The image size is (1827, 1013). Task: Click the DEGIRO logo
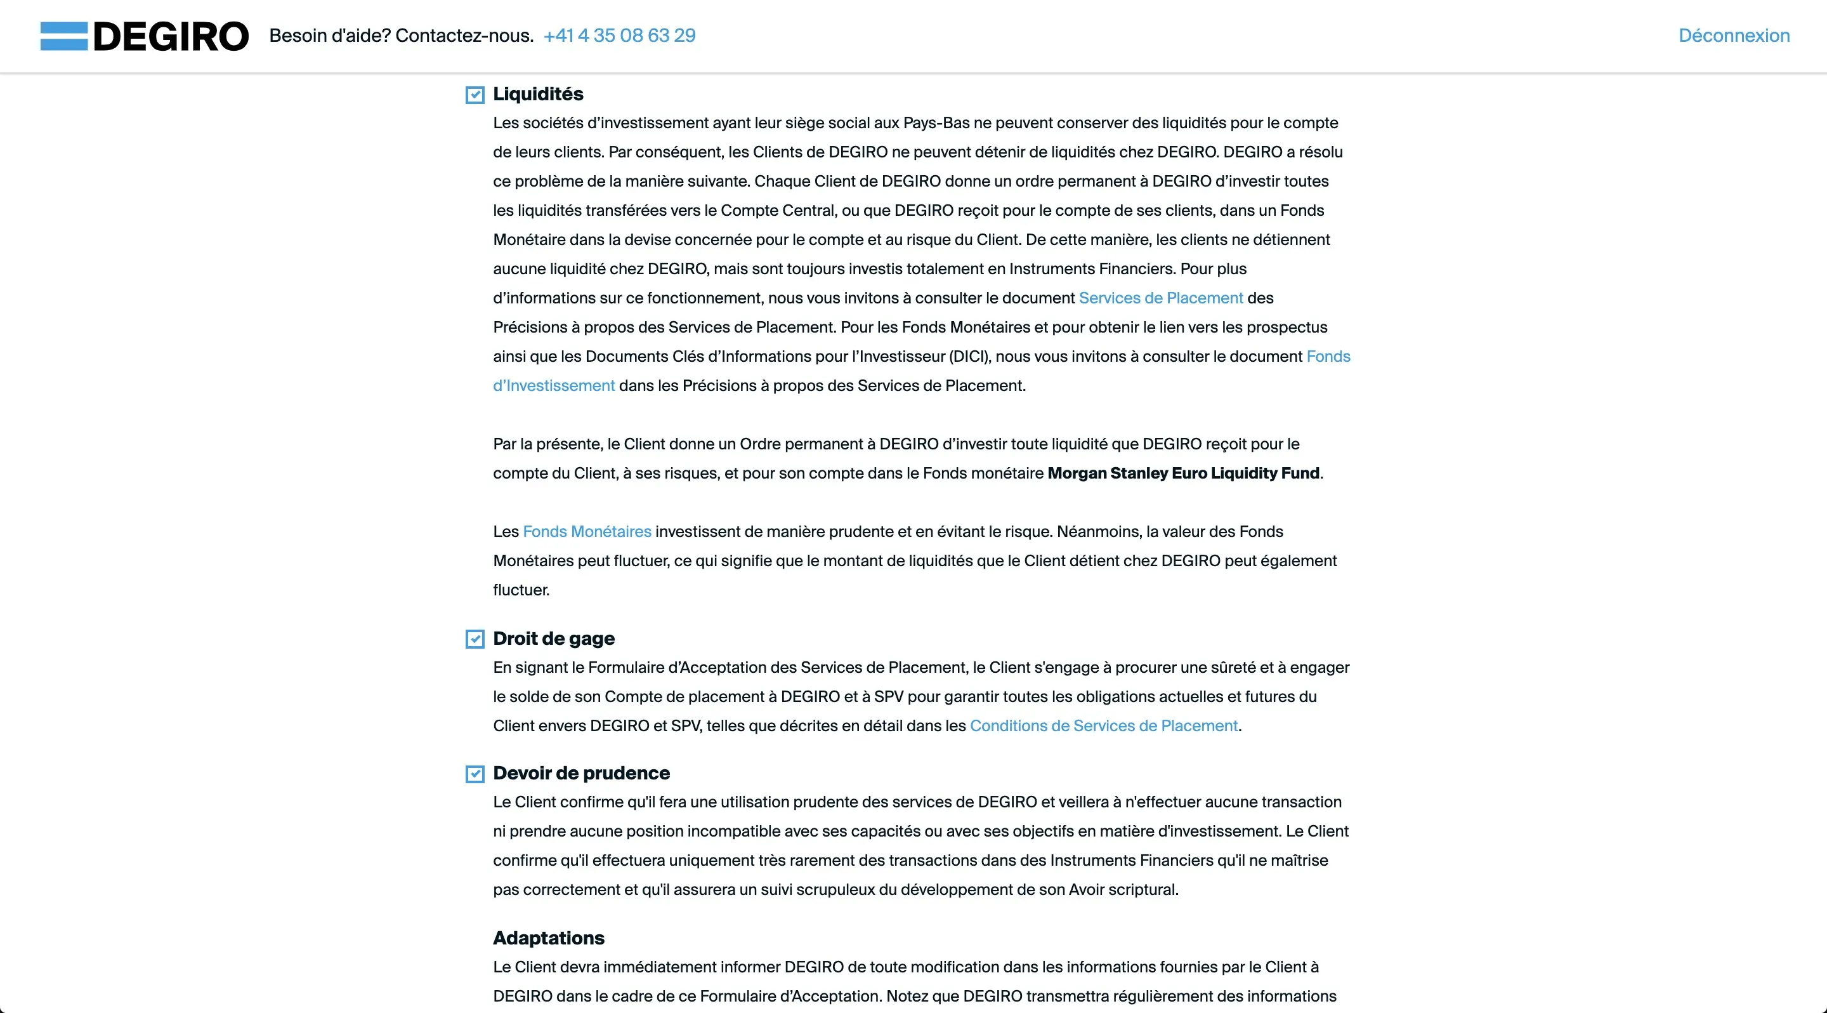[x=144, y=36]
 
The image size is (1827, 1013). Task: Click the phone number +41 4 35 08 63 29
[x=619, y=36]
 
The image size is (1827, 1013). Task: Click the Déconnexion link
[x=1733, y=36]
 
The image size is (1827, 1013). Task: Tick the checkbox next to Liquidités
[x=475, y=95]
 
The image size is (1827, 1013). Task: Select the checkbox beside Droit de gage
[x=475, y=639]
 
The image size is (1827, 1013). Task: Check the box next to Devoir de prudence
[x=475, y=774]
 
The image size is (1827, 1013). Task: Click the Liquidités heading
[x=537, y=94]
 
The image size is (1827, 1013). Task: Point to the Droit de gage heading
[x=553, y=639]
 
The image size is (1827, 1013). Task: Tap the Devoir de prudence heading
[x=581, y=773]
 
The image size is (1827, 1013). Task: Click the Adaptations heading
[x=548, y=938]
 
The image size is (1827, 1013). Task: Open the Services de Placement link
[x=1160, y=298]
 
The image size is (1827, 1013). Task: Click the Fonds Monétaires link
[x=587, y=531]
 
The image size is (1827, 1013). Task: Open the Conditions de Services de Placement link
[x=1104, y=725]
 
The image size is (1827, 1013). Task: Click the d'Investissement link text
[x=554, y=386]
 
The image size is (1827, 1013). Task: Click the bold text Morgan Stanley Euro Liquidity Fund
[x=1183, y=473]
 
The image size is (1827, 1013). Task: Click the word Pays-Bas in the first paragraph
[x=936, y=122]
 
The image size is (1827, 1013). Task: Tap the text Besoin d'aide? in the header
[x=330, y=36]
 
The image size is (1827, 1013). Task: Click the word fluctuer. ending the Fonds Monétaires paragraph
[x=521, y=590]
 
